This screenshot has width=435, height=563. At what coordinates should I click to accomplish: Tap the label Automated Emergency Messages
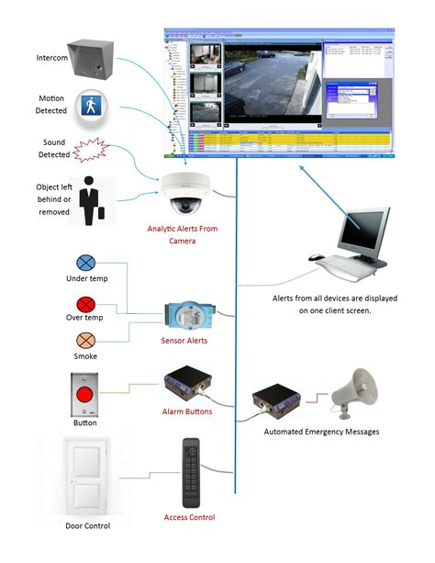tap(318, 430)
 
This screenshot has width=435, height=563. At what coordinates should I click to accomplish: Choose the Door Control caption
tap(84, 525)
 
